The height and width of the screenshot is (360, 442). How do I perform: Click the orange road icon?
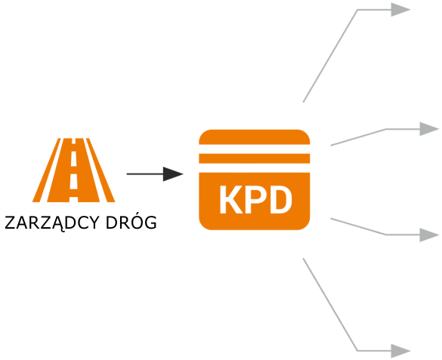tap(73, 170)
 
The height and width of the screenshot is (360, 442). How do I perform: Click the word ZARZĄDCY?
tap(52, 223)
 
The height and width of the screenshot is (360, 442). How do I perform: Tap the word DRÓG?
tap(131, 222)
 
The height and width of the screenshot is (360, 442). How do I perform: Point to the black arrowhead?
tap(173, 174)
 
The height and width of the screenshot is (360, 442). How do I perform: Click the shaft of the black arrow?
tap(145, 174)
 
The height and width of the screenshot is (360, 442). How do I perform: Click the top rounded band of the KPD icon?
tap(255, 137)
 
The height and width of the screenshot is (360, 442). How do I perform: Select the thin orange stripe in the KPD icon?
tap(255, 158)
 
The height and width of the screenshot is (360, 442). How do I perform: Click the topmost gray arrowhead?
tap(400, 10)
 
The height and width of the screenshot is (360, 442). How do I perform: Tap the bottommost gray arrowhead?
tap(400, 351)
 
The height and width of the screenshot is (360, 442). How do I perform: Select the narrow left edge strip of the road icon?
tap(47, 170)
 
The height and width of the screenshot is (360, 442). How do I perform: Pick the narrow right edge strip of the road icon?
tap(100, 170)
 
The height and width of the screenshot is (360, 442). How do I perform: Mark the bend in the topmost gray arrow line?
tap(357, 10)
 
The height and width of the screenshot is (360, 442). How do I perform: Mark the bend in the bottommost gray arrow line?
tap(357, 351)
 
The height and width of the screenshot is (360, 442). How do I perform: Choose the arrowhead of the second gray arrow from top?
tap(429, 129)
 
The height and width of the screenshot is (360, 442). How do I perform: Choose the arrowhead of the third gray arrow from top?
tap(429, 235)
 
